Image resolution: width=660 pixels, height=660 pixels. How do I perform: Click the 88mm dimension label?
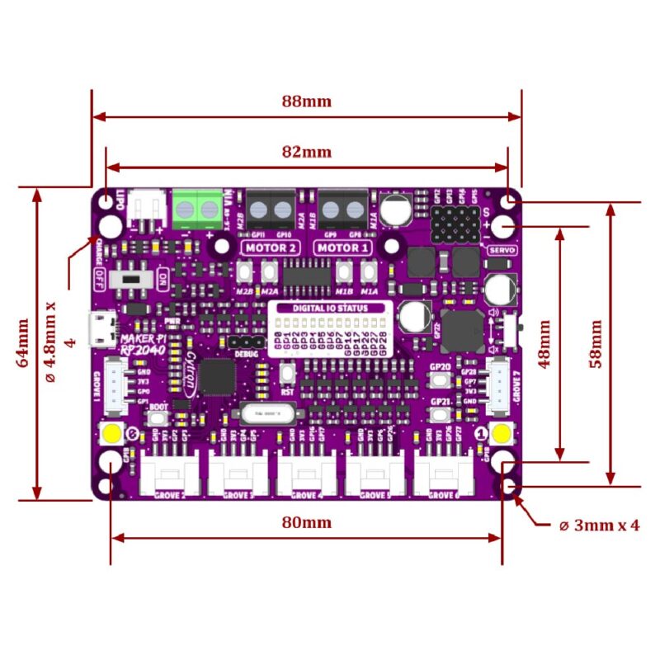pyautogui.click(x=306, y=101)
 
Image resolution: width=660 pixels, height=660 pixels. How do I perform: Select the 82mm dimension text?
pyautogui.click(x=306, y=152)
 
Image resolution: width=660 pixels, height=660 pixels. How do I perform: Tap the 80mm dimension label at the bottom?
pyautogui.click(x=306, y=522)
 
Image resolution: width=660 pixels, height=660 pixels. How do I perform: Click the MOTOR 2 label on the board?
pyautogui.click(x=270, y=247)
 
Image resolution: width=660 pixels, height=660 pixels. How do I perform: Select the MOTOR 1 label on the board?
pyautogui.click(x=340, y=247)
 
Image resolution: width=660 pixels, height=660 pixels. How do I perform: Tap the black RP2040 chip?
pyautogui.click(x=218, y=376)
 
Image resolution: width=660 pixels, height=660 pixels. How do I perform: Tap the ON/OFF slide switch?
pyautogui.click(x=133, y=276)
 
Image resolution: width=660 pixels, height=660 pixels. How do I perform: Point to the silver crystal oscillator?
pyautogui.click(x=265, y=410)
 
